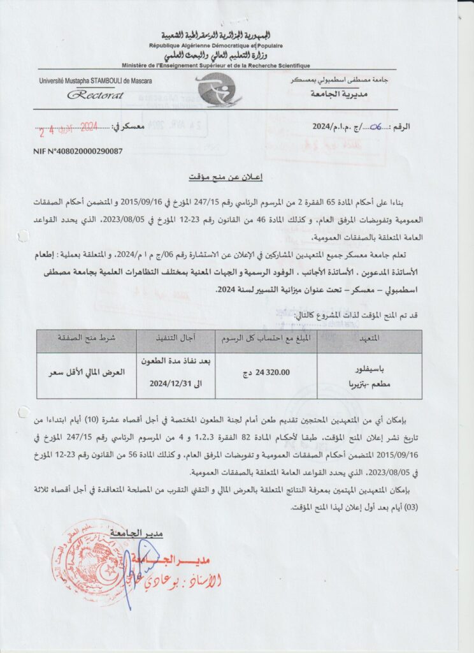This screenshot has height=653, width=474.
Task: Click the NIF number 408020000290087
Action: [78, 151]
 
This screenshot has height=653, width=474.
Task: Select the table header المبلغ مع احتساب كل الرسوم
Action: [263, 339]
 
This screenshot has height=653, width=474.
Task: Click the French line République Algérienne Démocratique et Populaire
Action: [216, 46]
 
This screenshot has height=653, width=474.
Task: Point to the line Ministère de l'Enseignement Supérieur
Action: [216, 66]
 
